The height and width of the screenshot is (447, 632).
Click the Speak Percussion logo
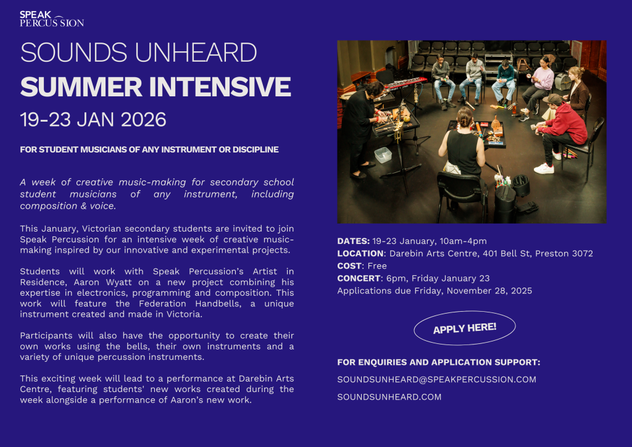coord(52,19)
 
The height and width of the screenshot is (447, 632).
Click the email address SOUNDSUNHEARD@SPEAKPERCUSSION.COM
coord(436,379)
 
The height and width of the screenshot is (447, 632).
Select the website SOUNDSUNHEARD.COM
coord(389,397)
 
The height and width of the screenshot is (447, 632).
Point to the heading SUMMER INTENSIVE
coord(156,86)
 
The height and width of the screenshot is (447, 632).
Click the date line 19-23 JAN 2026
coord(93,120)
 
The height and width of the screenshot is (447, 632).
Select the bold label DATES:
coord(354,241)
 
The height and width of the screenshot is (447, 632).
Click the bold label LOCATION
coord(360,254)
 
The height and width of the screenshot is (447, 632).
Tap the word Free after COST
coord(377,266)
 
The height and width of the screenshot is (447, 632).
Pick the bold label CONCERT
coord(359,278)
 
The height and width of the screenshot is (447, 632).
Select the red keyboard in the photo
coord(405,83)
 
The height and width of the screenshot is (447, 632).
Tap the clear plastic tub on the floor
coord(383,155)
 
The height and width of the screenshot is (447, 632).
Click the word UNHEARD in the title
coord(196,52)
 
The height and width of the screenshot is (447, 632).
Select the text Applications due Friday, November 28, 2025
coord(434,291)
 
